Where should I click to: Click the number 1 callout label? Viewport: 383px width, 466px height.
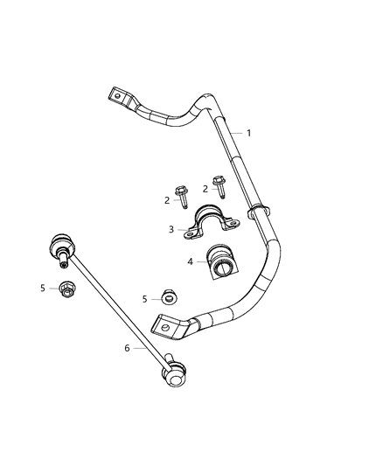coord(249,134)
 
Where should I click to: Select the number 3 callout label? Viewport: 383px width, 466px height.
coord(171,230)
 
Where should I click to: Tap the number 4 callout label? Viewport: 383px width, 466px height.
coord(190,261)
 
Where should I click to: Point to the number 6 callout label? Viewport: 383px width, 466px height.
coord(128,348)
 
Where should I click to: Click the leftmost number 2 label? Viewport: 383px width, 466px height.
coord(167,200)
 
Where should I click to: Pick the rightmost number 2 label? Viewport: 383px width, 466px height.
coord(205,188)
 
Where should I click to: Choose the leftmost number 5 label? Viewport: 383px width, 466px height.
coord(42,287)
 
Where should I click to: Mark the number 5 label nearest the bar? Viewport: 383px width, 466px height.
coord(145,299)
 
